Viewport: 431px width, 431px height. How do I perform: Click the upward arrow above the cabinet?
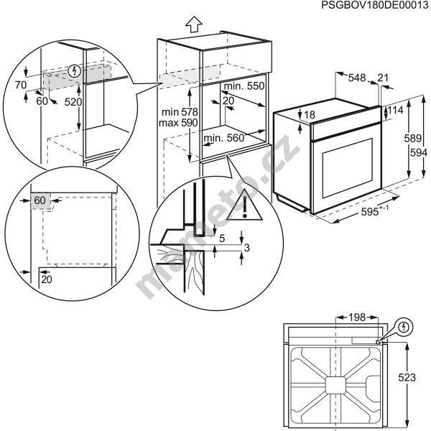193,23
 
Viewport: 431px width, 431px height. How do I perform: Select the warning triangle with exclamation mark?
245,205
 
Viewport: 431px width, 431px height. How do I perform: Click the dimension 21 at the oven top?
383,78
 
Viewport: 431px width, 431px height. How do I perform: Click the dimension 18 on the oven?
310,115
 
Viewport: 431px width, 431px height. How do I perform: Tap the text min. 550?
244,86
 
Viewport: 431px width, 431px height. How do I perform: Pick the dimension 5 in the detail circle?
222,238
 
